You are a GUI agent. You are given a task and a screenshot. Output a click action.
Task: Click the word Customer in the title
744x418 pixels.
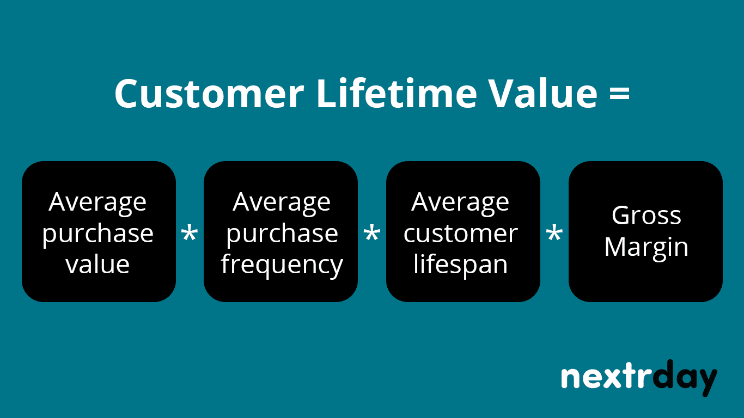(x=209, y=93)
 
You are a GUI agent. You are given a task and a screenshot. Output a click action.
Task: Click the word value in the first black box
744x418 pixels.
(x=98, y=265)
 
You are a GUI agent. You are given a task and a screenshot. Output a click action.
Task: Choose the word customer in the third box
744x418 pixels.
(x=461, y=234)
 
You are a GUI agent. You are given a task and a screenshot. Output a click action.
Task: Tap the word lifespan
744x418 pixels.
(x=461, y=265)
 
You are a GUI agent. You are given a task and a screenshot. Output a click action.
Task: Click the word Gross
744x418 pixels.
(x=646, y=216)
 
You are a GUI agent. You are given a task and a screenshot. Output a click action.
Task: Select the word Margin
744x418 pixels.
(x=646, y=248)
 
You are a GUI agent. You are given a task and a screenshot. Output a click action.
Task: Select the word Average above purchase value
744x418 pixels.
(x=98, y=202)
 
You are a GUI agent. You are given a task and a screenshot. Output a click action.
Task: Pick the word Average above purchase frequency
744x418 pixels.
(x=282, y=202)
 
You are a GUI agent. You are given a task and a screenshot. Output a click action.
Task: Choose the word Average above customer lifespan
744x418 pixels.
(x=461, y=202)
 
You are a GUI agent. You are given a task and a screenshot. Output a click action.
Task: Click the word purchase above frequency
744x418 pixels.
(x=282, y=234)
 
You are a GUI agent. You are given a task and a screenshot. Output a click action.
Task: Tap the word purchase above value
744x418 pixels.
(x=98, y=234)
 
